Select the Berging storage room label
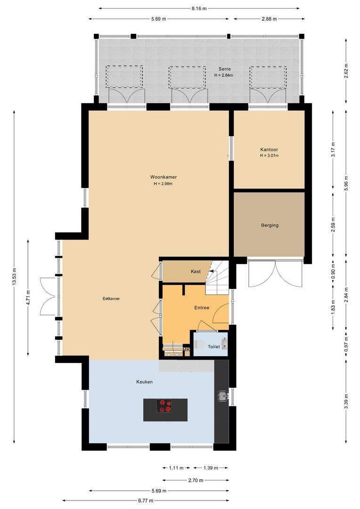coord(270,225)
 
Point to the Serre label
coord(224,69)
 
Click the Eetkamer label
coord(111,299)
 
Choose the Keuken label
coord(145,382)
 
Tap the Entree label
coord(202,308)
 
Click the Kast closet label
coord(196,271)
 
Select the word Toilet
coord(213,347)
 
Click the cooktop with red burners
coord(165,406)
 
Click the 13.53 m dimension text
coord(15,277)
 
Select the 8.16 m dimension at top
coord(199,8)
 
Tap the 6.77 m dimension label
coord(146,501)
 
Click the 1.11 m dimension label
coord(176,468)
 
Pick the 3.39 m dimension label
coord(346,402)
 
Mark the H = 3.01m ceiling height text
coord(270,156)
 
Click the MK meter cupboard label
coord(186,350)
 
